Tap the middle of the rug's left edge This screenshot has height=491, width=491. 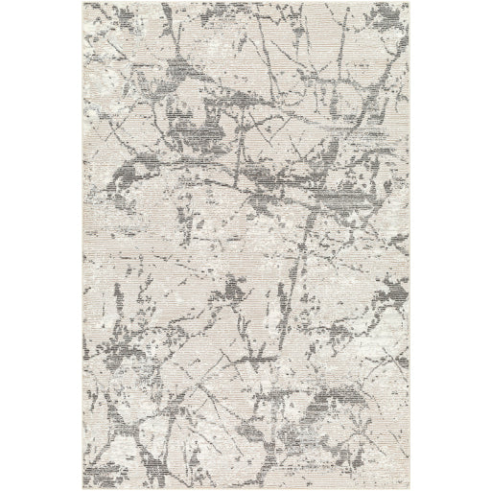pyautogui.click(x=82, y=245)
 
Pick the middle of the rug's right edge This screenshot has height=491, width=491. pyautogui.click(x=409, y=245)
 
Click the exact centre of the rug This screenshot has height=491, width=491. pyautogui.click(x=245, y=245)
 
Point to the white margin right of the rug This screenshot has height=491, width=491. pyautogui.click(x=451, y=245)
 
